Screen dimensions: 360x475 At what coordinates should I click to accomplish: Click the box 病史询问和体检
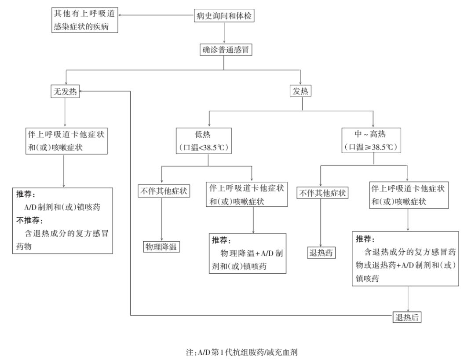pos(224,16)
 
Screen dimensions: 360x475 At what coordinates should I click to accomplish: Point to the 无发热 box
pos(65,92)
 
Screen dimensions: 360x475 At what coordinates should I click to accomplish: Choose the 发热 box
pos(301,92)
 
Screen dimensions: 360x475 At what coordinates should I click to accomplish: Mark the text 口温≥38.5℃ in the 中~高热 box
pos(373,147)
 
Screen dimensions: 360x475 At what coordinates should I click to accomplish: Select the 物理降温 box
pos(161,247)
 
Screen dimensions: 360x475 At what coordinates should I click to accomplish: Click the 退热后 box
pos(407,316)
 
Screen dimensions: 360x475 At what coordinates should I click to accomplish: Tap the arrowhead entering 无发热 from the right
pos(82,92)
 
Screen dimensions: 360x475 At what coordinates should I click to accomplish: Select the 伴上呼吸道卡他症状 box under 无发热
pos(65,141)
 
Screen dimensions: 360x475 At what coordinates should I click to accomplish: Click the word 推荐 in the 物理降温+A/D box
pos(221,240)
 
